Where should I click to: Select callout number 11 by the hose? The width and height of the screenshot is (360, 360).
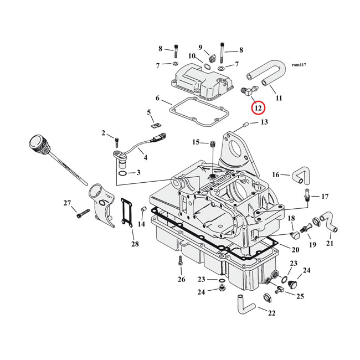pyautogui.click(x=279, y=98)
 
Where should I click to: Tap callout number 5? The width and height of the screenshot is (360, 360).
pyautogui.click(x=149, y=112)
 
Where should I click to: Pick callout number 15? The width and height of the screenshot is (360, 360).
pyautogui.click(x=196, y=142)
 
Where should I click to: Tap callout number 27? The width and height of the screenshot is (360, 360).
pyautogui.click(x=67, y=203)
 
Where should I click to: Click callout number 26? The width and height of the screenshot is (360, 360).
pyautogui.click(x=181, y=279)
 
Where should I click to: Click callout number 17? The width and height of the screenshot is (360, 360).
pyautogui.click(x=325, y=196)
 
